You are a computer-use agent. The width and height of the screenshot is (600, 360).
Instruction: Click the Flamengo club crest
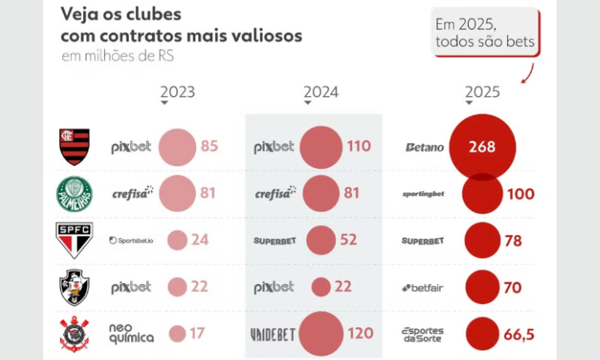click(x=74, y=147)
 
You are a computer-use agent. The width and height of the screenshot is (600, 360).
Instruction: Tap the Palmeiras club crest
click(x=74, y=194)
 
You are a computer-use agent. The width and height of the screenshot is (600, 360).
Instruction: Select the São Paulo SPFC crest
click(x=74, y=240)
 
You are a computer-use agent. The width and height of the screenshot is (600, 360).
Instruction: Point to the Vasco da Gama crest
click(x=74, y=287)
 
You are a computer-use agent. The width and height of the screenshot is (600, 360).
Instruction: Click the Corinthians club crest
click(x=74, y=334)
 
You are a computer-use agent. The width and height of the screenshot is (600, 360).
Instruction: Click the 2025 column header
click(x=482, y=92)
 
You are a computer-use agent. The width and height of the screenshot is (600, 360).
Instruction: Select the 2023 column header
click(x=178, y=92)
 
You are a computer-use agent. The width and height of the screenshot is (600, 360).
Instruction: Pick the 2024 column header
click(x=321, y=92)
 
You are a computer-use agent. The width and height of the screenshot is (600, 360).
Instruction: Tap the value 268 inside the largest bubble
click(x=482, y=147)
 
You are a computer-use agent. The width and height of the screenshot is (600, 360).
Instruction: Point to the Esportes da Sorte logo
click(x=422, y=334)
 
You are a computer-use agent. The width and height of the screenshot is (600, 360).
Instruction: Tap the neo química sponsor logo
click(x=131, y=334)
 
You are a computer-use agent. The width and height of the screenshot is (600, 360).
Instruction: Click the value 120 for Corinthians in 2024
click(x=360, y=334)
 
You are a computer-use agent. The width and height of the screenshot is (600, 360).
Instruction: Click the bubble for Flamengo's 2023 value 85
click(x=177, y=147)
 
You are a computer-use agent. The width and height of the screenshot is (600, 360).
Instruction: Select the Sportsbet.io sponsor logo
click(x=130, y=240)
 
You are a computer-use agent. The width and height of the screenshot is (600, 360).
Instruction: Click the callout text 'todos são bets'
click(x=485, y=41)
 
